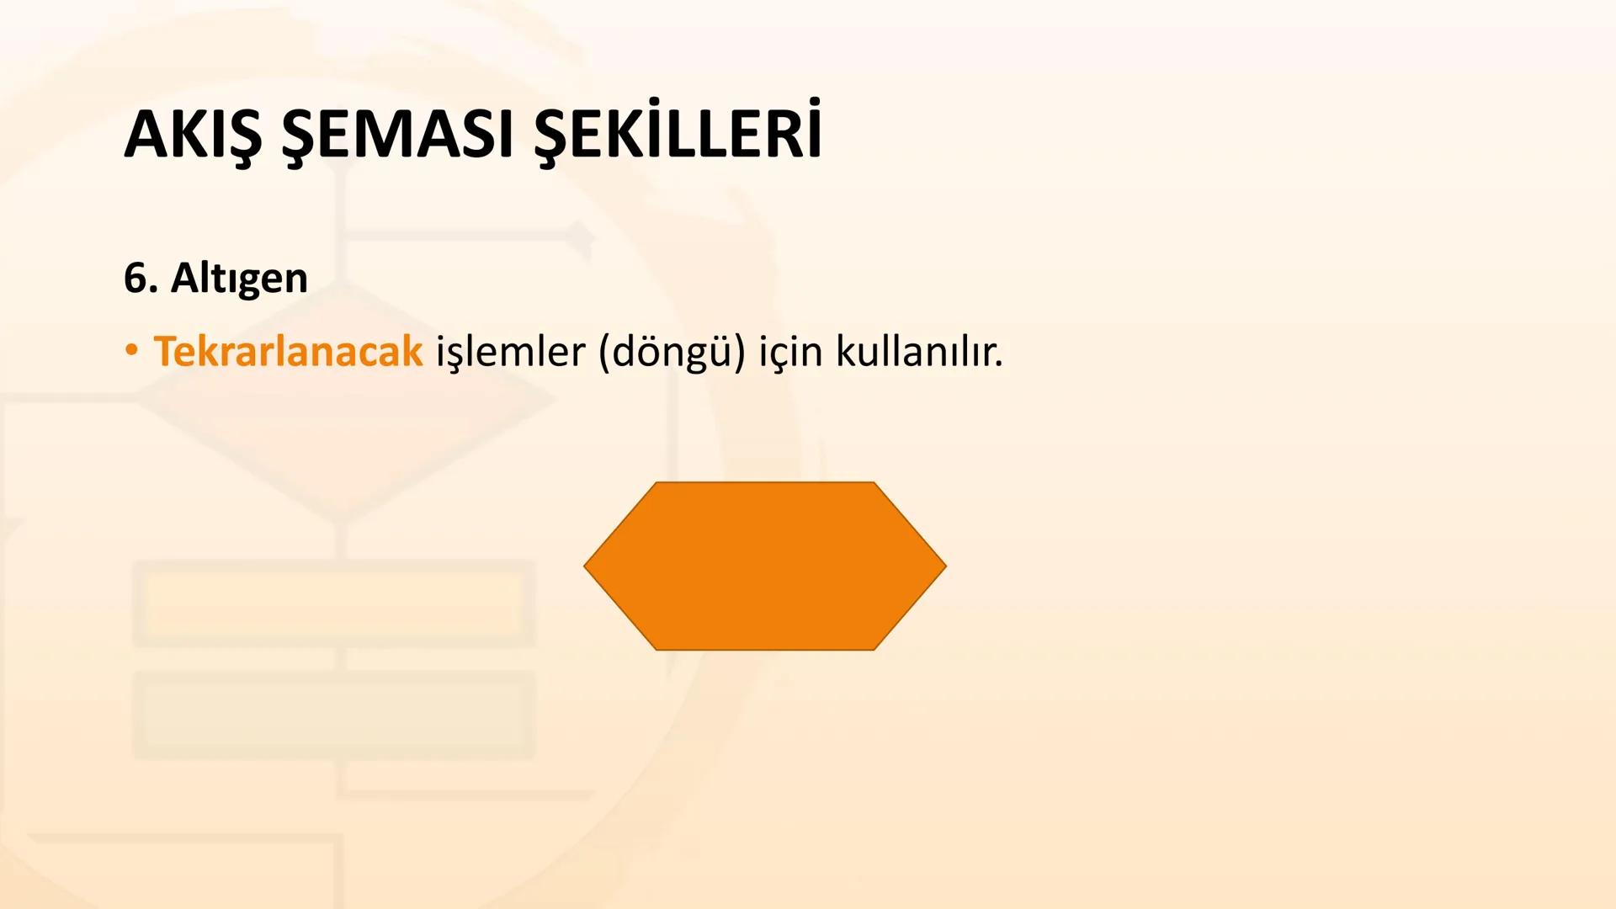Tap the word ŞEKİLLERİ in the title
[678, 135]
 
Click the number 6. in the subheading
[141, 278]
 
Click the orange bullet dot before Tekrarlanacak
[130, 350]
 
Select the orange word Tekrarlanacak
[288, 351]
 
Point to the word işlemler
[510, 351]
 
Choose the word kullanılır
[919, 351]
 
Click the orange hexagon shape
[764, 566]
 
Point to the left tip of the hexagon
[587, 566]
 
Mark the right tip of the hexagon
[944, 566]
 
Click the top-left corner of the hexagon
[656, 484]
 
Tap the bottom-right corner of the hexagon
[873, 648]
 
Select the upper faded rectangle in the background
[334, 603]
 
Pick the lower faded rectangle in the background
[334, 715]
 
